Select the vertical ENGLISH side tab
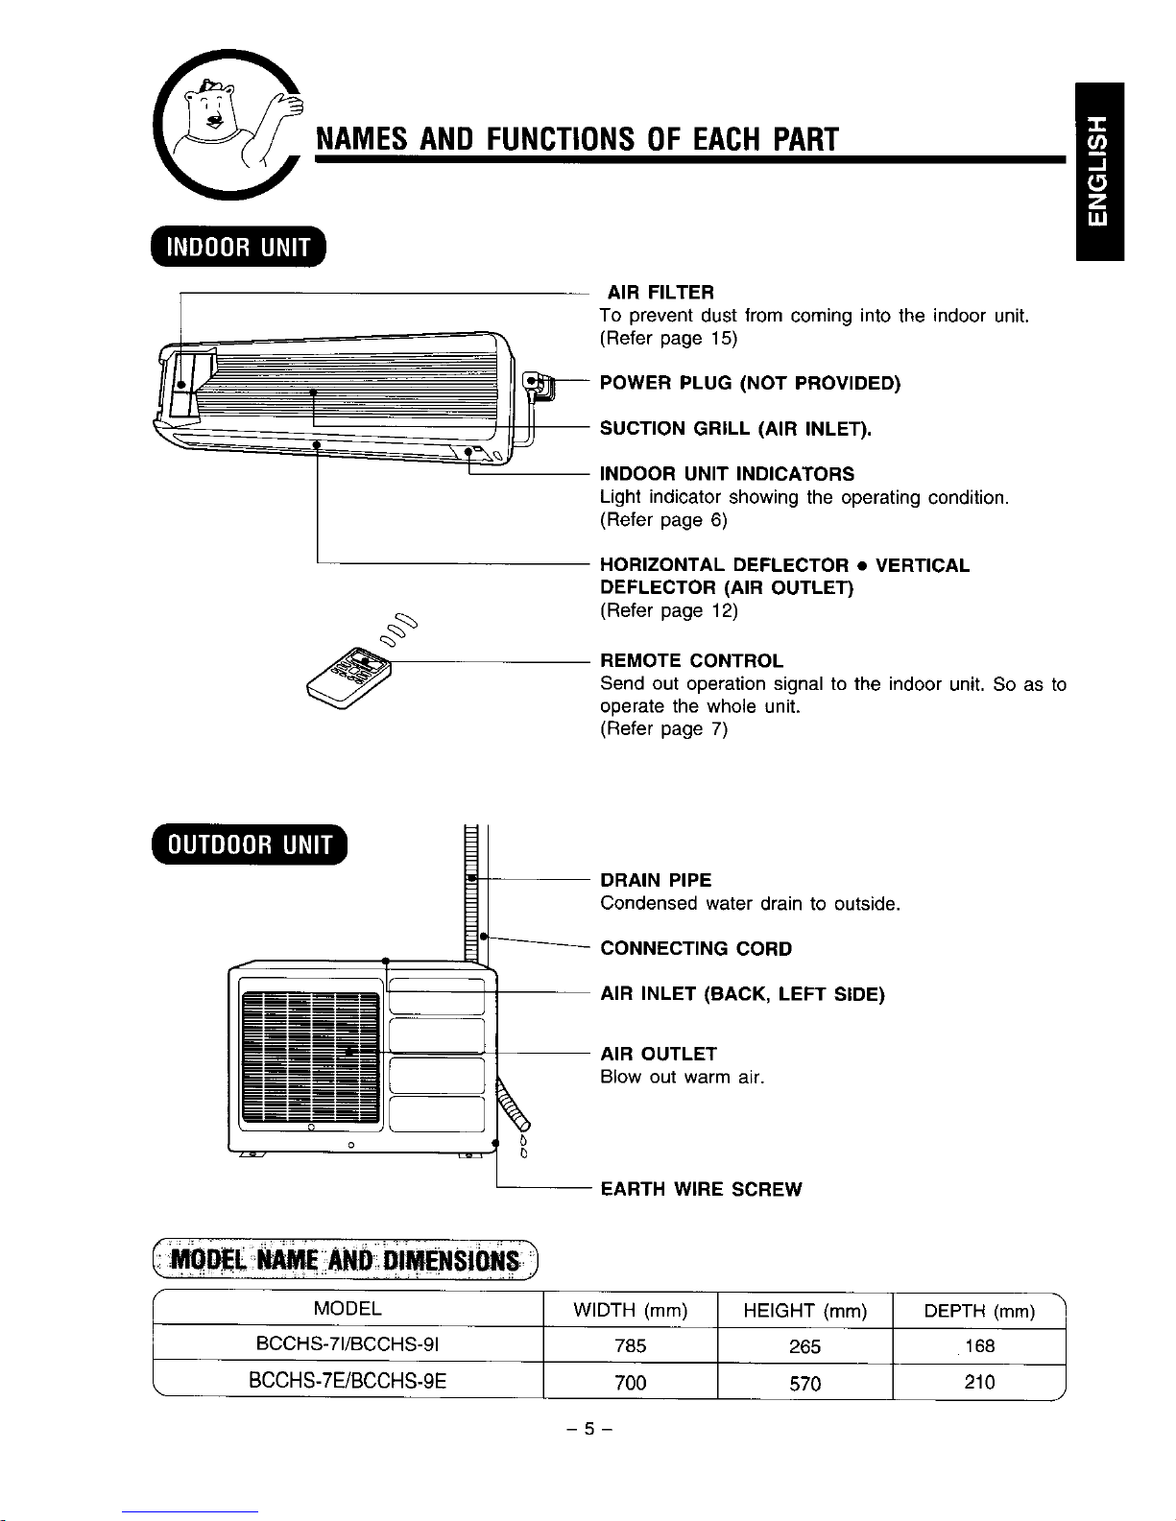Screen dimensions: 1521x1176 click(x=1099, y=171)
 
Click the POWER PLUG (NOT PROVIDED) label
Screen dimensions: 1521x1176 click(x=750, y=385)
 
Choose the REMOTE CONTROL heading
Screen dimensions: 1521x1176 click(x=691, y=661)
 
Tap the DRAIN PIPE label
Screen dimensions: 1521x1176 click(x=656, y=880)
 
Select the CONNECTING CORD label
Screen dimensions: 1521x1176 click(x=696, y=949)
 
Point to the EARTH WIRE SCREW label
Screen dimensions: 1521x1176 click(x=701, y=1190)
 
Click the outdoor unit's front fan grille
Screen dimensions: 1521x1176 click(x=310, y=1057)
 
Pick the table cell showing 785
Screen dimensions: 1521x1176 click(x=631, y=1346)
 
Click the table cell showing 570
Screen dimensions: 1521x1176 click(x=804, y=1383)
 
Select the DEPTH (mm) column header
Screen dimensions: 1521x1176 click(x=979, y=1311)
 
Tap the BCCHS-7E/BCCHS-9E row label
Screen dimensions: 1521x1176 click(x=348, y=1383)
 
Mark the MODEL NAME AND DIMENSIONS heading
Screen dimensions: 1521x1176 click(x=347, y=1258)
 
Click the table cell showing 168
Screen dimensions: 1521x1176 click(x=979, y=1346)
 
